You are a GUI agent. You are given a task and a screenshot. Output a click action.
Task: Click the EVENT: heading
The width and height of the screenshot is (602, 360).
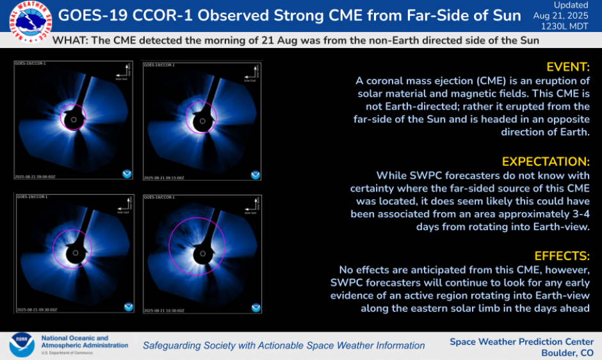point(567,67)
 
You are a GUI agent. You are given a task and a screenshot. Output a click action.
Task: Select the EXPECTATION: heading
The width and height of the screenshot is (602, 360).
point(546,161)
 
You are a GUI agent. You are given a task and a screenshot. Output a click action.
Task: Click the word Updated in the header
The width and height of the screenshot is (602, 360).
point(567,5)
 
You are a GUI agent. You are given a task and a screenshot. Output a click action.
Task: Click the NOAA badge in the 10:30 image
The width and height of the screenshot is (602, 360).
point(256,307)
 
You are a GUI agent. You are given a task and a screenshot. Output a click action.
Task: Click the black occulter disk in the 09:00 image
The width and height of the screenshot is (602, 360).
point(75,120)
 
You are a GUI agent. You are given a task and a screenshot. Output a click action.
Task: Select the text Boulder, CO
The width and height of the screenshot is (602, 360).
point(567,353)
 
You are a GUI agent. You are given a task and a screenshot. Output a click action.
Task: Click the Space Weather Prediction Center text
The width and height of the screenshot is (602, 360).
point(521,341)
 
